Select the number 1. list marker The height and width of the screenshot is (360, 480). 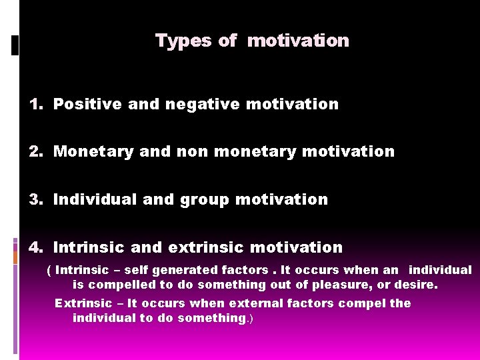tap(36, 104)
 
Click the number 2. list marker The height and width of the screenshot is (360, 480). tap(36, 152)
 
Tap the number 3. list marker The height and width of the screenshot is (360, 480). tap(36, 199)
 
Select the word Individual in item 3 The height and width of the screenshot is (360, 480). tap(92, 199)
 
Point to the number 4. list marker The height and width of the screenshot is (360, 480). tap(36, 247)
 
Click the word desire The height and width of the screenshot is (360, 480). tap(417, 285)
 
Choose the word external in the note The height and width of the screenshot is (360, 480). tap(253, 303)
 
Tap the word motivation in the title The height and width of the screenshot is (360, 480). tap(298, 41)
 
